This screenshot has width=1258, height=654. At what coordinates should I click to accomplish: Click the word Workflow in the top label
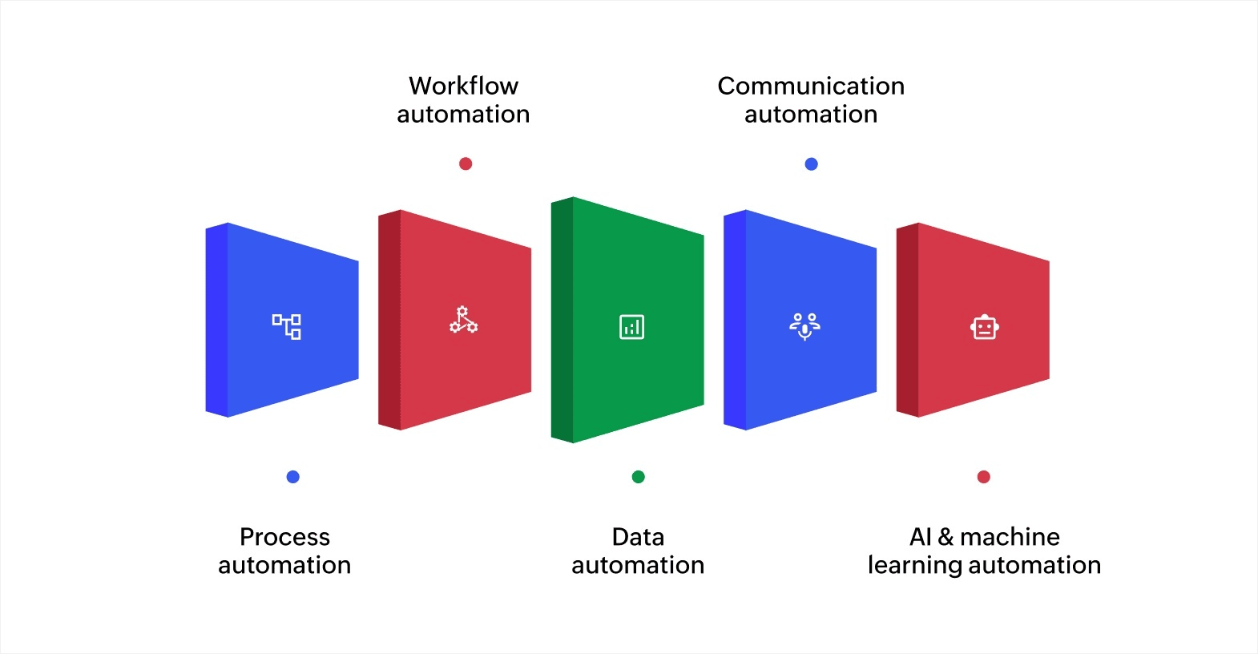(463, 86)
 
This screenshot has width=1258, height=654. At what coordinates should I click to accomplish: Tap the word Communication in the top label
(810, 86)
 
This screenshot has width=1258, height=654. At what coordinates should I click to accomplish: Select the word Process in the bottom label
(284, 537)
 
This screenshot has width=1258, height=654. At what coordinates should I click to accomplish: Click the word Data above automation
(638, 537)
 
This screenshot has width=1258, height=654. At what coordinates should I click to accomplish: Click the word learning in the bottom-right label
(913, 565)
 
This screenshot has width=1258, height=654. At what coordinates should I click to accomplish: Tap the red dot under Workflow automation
(466, 163)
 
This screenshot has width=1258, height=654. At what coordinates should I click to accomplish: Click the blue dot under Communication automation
(811, 163)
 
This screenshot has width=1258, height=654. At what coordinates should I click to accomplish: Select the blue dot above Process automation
(292, 477)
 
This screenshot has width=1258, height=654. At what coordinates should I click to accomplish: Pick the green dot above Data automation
(638, 477)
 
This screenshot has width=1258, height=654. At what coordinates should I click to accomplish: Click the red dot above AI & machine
(983, 477)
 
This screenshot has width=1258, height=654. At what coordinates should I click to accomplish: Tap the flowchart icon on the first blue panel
(286, 326)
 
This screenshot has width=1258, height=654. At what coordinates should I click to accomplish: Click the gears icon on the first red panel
(463, 320)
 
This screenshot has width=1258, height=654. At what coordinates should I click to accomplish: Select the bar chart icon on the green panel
(631, 326)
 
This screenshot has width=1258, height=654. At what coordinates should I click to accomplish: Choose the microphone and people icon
(804, 325)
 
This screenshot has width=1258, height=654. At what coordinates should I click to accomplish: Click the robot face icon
(984, 327)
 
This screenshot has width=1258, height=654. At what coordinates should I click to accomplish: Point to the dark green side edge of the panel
(562, 320)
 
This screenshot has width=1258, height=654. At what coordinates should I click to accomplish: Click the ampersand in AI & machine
(946, 537)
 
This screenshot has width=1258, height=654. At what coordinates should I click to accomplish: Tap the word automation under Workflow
(463, 115)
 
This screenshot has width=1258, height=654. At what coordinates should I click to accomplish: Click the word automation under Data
(638, 566)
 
